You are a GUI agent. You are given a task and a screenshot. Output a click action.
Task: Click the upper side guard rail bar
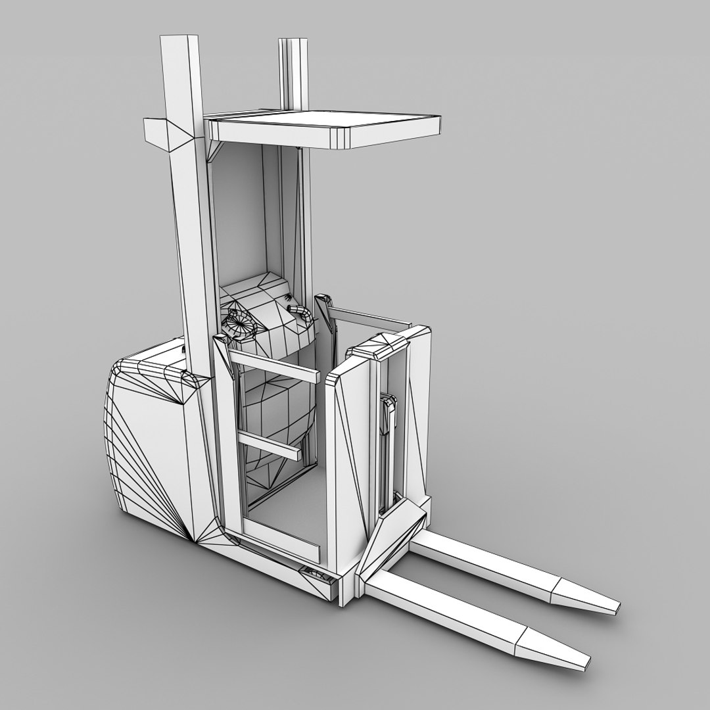pyautogui.click(x=276, y=366)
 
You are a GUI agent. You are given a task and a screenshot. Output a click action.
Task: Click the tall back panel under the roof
pyautogui.click(x=237, y=210)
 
